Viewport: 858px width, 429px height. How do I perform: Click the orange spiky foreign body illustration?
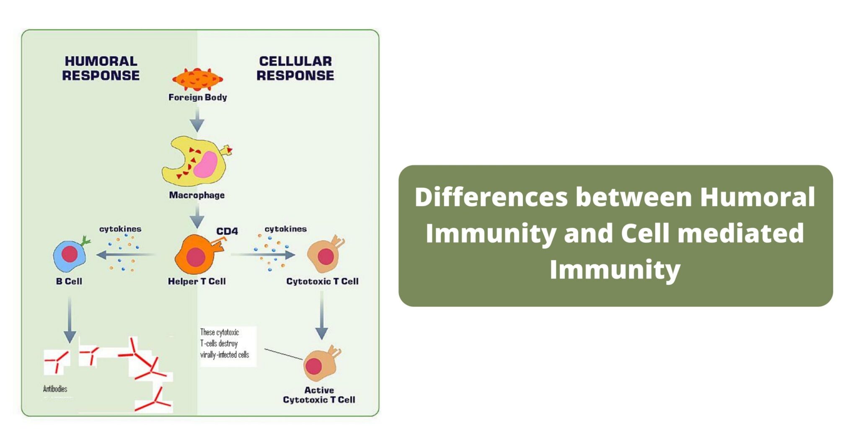[197, 79]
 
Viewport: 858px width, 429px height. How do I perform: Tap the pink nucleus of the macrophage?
[205, 165]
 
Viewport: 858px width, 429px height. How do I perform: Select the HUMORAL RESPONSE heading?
[101, 68]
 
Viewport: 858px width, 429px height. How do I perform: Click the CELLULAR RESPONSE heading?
[295, 68]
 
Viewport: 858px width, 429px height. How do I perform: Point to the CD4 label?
[227, 231]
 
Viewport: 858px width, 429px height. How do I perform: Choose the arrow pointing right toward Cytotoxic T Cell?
[264, 254]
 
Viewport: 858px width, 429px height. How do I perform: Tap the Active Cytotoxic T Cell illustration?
[320, 364]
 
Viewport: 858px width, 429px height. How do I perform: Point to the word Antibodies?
[55, 389]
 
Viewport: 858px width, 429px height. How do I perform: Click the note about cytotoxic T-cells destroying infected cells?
[225, 344]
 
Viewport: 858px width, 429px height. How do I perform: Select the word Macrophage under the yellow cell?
[196, 195]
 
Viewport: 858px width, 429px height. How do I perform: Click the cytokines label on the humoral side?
[120, 229]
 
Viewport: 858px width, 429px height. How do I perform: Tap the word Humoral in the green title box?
[757, 197]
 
